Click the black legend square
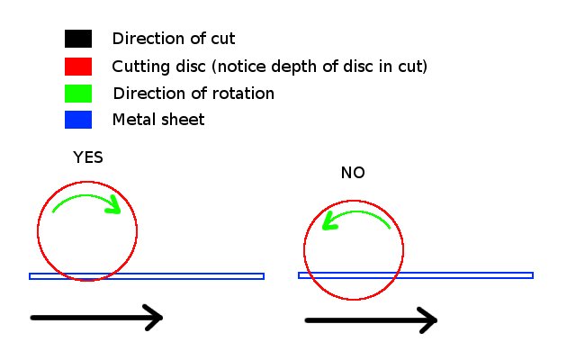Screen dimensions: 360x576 tap(78, 39)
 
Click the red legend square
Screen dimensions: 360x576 tap(78, 66)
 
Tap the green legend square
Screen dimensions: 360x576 tap(78, 93)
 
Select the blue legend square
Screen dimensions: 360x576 tap(78, 120)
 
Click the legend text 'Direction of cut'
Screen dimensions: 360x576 tap(174, 39)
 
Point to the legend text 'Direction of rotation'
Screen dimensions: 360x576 tap(193, 93)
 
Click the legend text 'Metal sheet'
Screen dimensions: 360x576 tap(158, 120)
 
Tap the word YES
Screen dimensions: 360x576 tap(88, 157)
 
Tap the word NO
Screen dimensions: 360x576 tap(353, 173)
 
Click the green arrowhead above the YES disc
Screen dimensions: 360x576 tap(114, 208)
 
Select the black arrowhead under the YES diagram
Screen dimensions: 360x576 tap(153, 317)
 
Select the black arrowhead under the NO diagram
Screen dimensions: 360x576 tap(427, 319)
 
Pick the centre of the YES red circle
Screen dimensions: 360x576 tap(87, 231)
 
